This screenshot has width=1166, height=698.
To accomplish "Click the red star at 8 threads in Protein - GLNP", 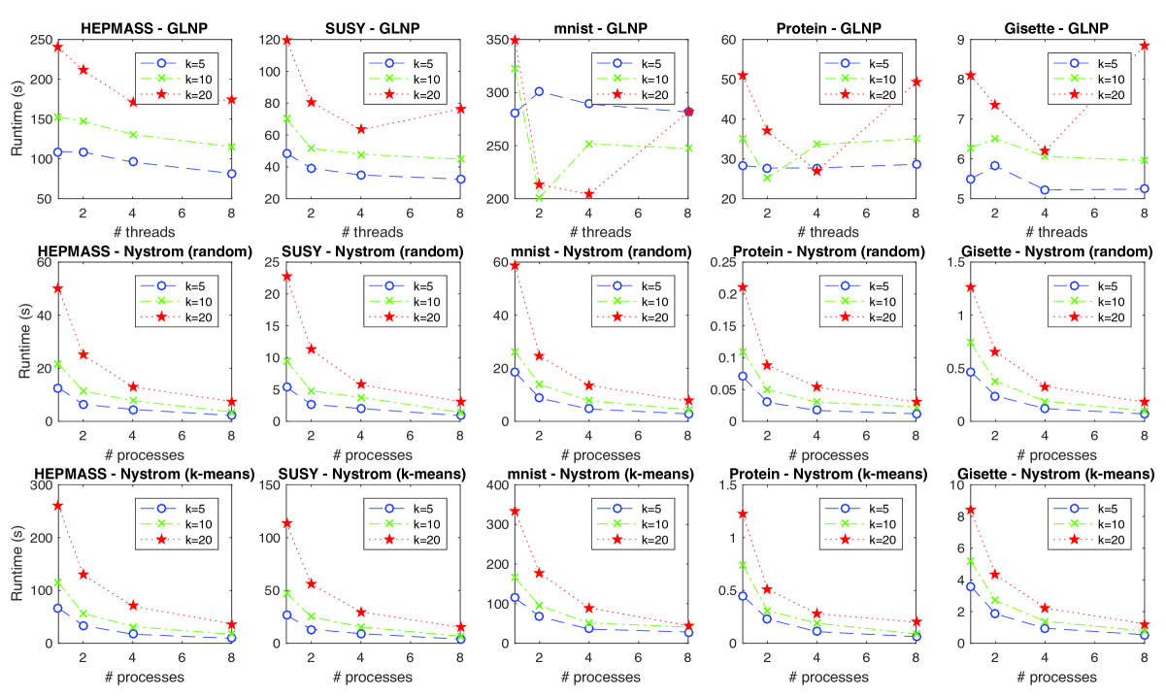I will [915, 83].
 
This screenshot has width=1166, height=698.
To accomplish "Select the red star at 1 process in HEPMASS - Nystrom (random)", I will [58, 288].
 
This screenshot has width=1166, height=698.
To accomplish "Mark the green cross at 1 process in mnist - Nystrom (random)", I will [516, 351].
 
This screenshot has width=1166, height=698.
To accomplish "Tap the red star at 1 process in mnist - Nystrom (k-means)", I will [516, 512].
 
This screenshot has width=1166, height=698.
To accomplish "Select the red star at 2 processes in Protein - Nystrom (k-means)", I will [767, 589].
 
